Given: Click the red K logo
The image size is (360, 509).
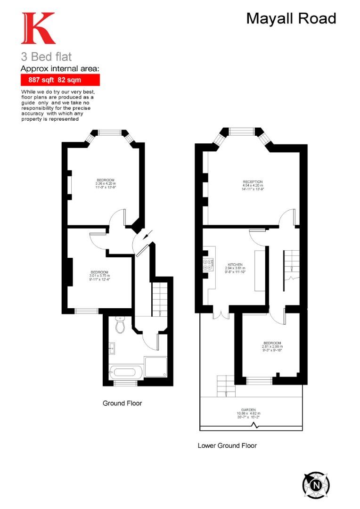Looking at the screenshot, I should coord(38,29).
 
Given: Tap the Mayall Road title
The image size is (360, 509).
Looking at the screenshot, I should coord(291,18).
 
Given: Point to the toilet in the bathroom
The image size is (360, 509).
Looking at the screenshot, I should coord(120,325).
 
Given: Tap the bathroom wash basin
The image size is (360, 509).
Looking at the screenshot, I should coord(113,349).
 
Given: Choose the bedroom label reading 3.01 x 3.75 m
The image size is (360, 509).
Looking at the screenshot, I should coord(99,275).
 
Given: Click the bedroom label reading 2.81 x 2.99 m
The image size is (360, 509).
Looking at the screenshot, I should coord(272,346).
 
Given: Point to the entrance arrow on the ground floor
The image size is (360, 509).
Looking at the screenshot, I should coord(148,234).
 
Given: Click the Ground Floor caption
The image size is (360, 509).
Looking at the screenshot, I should coord(122,403).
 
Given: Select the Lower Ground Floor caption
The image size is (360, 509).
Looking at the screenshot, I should coord(227,445).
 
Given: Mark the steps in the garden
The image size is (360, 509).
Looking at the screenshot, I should coord(225,386).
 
